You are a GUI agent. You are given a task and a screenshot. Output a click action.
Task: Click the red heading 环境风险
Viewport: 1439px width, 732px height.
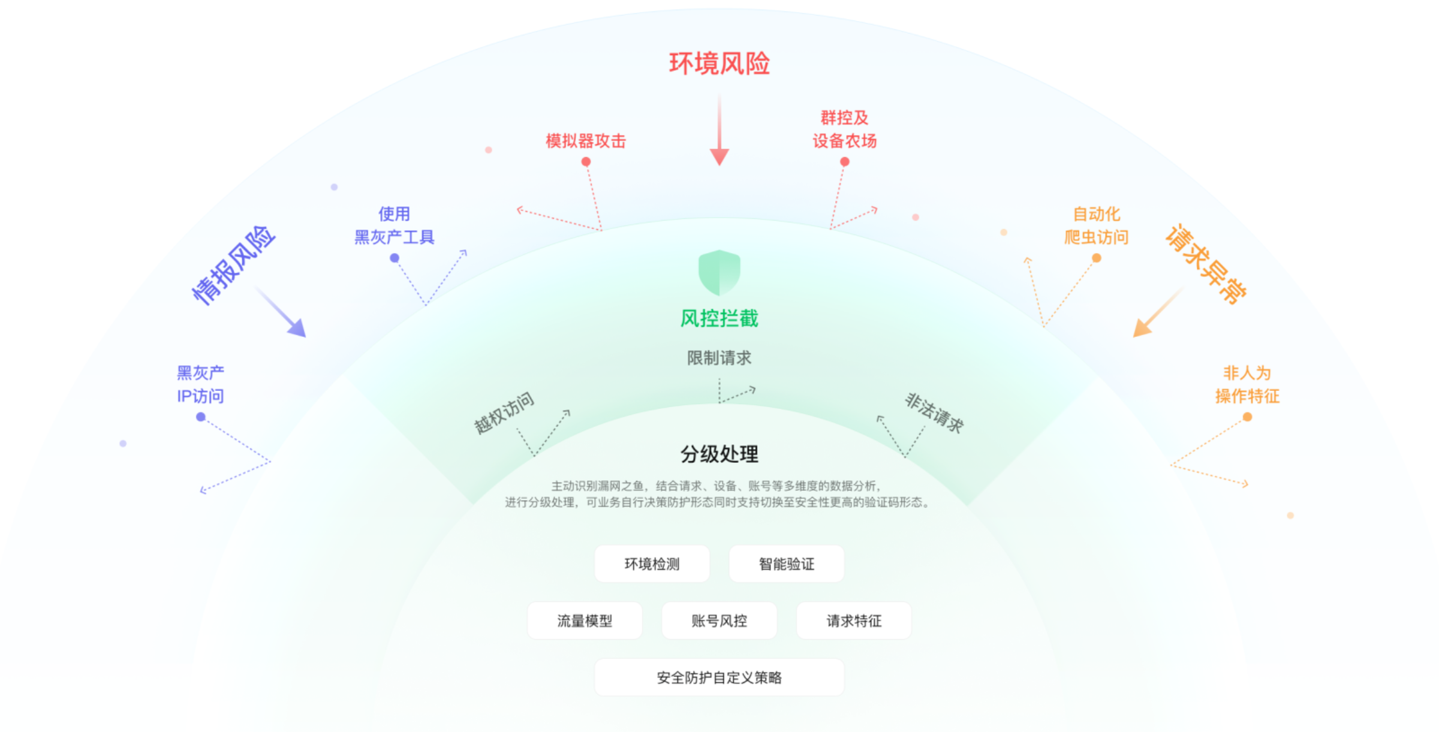719,64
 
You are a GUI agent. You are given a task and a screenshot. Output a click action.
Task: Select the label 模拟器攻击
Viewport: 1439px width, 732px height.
585,141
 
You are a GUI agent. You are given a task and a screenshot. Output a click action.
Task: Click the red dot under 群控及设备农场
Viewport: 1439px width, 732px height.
844,161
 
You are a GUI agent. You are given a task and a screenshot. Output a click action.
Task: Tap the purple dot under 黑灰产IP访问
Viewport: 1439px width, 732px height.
201,417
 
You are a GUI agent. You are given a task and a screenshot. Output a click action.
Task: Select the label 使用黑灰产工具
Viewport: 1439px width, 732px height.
394,225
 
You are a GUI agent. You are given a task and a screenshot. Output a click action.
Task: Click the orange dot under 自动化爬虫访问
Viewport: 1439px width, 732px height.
1096,258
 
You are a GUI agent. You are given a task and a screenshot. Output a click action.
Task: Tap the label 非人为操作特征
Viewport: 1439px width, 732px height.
1247,384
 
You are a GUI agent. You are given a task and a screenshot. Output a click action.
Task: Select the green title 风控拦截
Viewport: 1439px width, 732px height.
719,318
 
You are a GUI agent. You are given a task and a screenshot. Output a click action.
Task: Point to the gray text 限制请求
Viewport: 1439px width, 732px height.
719,358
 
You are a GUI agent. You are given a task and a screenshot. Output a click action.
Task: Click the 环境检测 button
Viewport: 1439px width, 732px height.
652,564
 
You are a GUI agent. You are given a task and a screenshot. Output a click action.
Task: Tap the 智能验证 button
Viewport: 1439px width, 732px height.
786,564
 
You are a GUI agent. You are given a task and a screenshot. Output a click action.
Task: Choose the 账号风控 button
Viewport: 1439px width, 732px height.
719,620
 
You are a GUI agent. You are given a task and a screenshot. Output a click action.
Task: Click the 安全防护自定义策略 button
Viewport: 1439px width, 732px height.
719,677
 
